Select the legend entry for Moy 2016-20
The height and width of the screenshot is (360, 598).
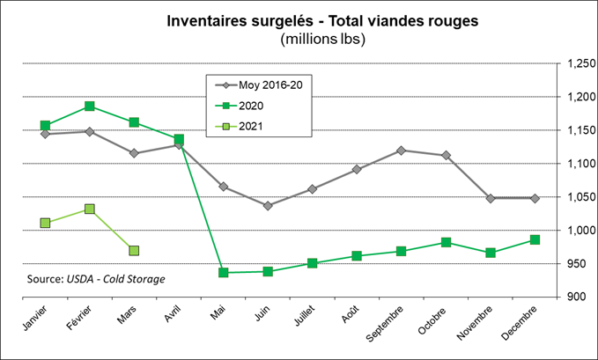click(x=265, y=85)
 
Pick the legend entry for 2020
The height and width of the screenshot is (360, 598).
click(x=251, y=106)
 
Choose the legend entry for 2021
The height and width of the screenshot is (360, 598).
click(x=251, y=126)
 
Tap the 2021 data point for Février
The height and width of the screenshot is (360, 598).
click(x=89, y=209)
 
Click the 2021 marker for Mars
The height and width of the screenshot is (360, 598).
click(x=134, y=250)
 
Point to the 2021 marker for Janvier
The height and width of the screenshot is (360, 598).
click(x=45, y=223)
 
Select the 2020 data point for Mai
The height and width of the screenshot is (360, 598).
click(x=224, y=273)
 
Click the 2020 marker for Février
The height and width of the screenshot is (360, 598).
click(x=89, y=107)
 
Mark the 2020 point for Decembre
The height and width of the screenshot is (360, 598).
click(x=535, y=239)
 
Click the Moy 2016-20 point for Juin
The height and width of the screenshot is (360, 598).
click(x=268, y=205)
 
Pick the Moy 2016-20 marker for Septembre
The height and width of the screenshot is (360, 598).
click(x=402, y=151)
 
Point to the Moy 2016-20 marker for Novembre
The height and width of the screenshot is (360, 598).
click(x=491, y=198)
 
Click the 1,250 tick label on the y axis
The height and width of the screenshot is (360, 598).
click(x=579, y=64)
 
